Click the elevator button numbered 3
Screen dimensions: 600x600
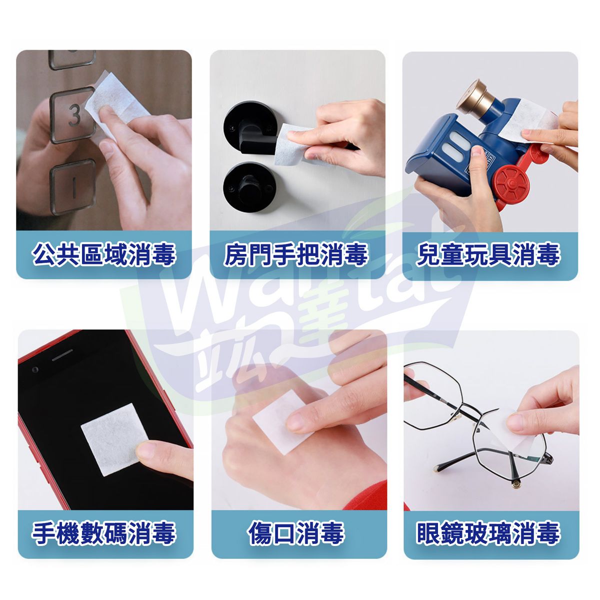(x=73, y=115)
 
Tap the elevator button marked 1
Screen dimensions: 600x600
(x=73, y=187)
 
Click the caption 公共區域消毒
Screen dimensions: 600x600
(x=103, y=255)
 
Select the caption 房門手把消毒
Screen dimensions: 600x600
(x=296, y=255)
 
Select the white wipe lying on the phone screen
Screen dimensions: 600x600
(x=114, y=440)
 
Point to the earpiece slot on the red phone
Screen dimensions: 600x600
(x=62, y=355)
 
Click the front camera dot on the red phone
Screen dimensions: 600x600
(x=35, y=370)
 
